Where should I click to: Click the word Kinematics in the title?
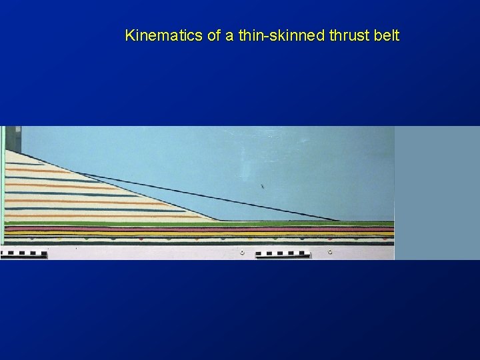point(164,35)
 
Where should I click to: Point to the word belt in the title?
point(387,35)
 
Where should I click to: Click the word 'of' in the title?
point(214,35)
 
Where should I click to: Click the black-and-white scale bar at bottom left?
point(24,253)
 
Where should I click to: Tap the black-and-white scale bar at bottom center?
point(283,253)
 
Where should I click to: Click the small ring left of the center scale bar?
point(241,253)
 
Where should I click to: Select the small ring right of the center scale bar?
point(329,252)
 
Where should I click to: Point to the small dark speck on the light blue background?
point(262,186)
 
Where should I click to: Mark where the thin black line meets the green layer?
point(339,221)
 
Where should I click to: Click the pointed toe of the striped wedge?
point(219,220)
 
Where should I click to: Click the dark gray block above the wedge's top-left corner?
point(18,137)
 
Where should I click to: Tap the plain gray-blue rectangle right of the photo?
point(437,193)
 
